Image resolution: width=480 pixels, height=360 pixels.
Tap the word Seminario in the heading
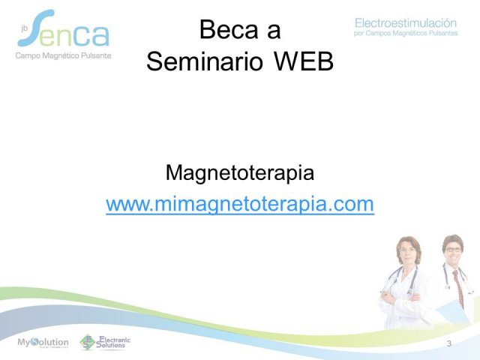pyautogui.click(x=205, y=61)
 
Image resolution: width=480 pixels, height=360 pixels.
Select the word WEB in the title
pyautogui.click(x=303, y=61)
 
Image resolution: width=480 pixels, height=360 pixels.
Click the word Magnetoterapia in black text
pyautogui.click(x=240, y=173)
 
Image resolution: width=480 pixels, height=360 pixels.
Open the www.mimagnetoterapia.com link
pyautogui.click(x=240, y=204)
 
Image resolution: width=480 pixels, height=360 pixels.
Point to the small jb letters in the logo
pyautogui.click(x=25, y=28)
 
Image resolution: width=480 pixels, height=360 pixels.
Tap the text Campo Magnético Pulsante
pyautogui.click(x=63, y=55)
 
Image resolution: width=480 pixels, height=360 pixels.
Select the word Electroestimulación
pyautogui.click(x=406, y=23)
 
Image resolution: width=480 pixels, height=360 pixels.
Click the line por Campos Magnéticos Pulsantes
pyautogui.click(x=406, y=33)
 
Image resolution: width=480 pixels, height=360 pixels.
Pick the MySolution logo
pyautogui.click(x=43, y=342)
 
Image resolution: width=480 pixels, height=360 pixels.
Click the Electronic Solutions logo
pyautogui.click(x=105, y=342)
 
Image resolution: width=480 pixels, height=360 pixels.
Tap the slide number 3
pyautogui.click(x=449, y=343)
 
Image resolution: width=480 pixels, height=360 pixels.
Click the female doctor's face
pyautogui.click(x=408, y=250)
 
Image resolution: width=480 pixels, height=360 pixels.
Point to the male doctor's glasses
pyautogui.click(x=453, y=250)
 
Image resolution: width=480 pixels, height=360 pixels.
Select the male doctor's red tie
pyautogui.click(x=458, y=288)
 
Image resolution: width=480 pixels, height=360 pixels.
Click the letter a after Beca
pyautogui.click(x=274, y=32)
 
